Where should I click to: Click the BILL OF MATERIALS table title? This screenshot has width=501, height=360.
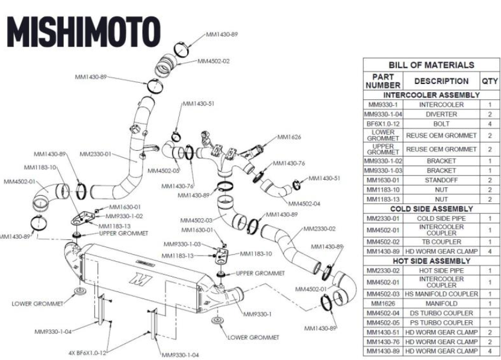tap(431, 65)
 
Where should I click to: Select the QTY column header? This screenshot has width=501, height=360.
tap(490, 81)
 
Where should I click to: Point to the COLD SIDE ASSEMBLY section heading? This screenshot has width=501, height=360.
tap(431, 209)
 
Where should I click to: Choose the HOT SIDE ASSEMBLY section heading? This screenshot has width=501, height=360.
tap(431, 261)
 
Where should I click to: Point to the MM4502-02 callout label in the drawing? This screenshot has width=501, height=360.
tap(213, 61)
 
